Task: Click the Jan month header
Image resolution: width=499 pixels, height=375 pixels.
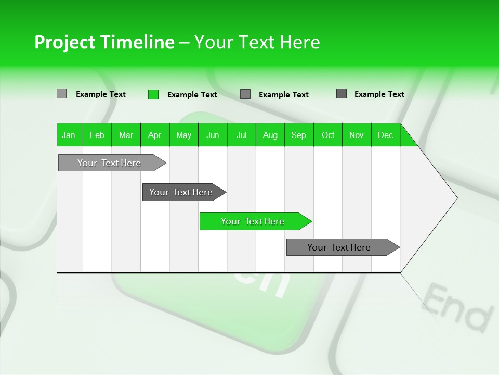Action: coord(69,135)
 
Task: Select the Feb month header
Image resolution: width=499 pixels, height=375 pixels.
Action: coord(97,135)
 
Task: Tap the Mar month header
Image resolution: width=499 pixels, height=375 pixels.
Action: coord(126,135)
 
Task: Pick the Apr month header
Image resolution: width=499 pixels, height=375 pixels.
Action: coord(154,135)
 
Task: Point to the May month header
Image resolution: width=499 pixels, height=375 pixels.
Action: coord(183,135)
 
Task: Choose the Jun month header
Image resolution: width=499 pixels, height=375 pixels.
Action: coord(213,135)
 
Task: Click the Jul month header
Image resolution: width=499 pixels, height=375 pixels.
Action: coord(241,135)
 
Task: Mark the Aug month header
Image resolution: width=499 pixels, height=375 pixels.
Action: coord(270,135)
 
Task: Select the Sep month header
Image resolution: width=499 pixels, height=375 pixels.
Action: coord(299,135)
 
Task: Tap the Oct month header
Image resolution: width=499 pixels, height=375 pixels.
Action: coord(328,135)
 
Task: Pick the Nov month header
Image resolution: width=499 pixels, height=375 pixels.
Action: coord(357,135)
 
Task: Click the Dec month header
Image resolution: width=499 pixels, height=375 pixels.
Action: coord(385,135)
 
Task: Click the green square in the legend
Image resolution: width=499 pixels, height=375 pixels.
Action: coord(153,94)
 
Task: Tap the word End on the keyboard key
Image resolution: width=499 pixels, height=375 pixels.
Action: coord(457,307)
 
